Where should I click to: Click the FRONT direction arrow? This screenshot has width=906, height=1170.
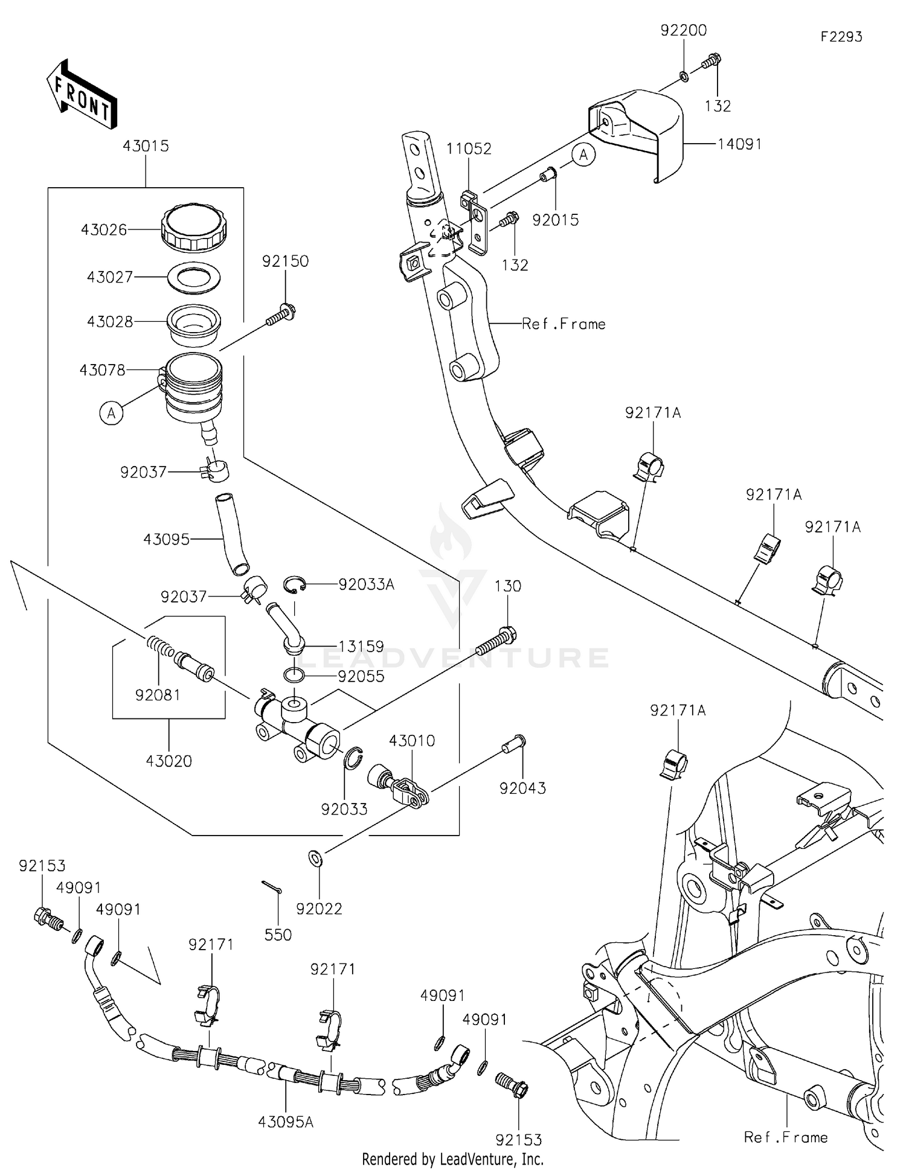[81, 94]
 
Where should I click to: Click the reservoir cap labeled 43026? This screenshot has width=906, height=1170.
[194, 228]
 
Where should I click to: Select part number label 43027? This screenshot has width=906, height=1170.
[109, 277]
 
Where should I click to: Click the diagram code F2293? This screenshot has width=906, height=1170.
[841, 37]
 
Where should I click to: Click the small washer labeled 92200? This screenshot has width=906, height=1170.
[683, 76]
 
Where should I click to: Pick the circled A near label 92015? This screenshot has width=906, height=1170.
[583, 155]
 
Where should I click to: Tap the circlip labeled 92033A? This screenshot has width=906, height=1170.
[295, 584]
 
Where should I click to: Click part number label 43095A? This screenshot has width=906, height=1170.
[285, 1122]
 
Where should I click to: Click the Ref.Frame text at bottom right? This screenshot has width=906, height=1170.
[785, 1137]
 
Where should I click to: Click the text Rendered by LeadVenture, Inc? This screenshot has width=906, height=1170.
[452, 1159]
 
